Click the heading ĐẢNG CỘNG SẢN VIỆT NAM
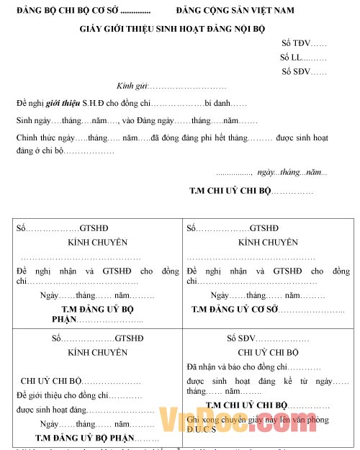[235, 11]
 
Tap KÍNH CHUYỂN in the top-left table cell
[97, 243]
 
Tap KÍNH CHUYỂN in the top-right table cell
[268, 243]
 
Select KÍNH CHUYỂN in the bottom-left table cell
[97, 353]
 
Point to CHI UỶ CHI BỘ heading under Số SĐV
[267, 353]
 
